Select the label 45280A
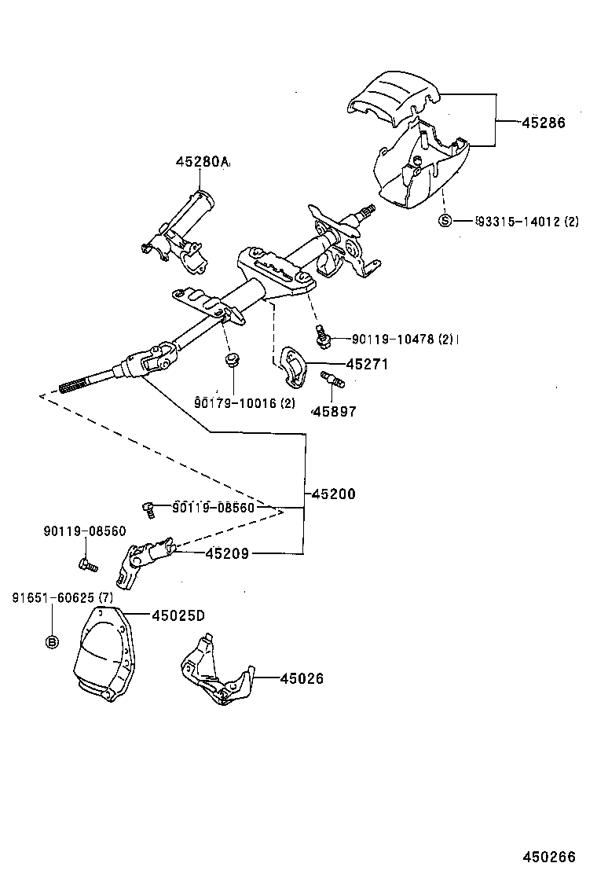[202, 162]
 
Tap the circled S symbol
[445, 221]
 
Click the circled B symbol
[52, 641]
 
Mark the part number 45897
[334, 411]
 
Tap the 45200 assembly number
[334, 494]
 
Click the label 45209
[227, 553]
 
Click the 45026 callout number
[302, 678]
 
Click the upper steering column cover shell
[393, 98]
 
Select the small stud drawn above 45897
[335, 382]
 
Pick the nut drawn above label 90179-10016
[231, 361]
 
